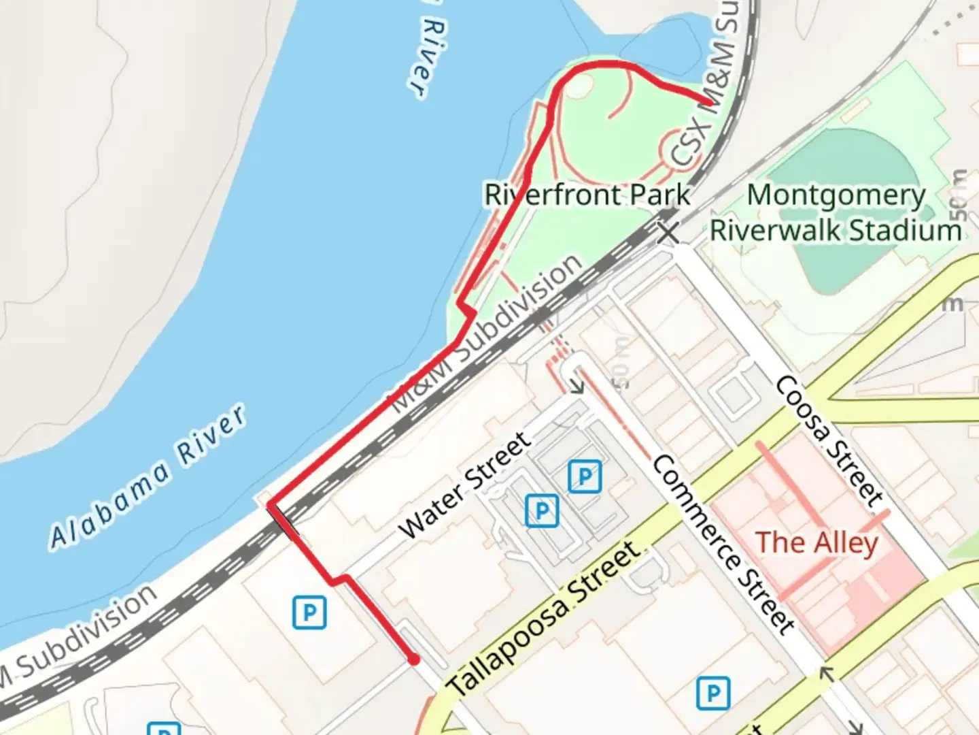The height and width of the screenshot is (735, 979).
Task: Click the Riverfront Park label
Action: [x=587, y=195]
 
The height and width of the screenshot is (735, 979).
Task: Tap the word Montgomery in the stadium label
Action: [x=836, y=195]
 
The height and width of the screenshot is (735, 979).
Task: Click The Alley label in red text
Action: [x=817, y=542]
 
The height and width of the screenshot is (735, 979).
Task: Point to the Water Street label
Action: [x=465, y=484]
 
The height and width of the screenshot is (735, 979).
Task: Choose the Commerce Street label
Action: [x=723, y=544]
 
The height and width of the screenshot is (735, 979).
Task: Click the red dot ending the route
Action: [x=413, y=659]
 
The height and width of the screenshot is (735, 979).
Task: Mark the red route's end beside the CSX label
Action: [x=708, y=103]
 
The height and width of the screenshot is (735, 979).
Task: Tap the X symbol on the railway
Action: [x=668, y=233]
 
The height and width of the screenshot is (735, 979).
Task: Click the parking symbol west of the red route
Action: [x=309, y=612]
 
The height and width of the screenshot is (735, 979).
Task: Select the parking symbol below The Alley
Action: [x=713, y=693]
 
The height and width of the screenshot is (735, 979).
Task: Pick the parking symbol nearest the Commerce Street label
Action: [x=585, y=476]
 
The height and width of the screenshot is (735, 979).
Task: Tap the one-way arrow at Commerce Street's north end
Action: [x=578, y=385]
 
